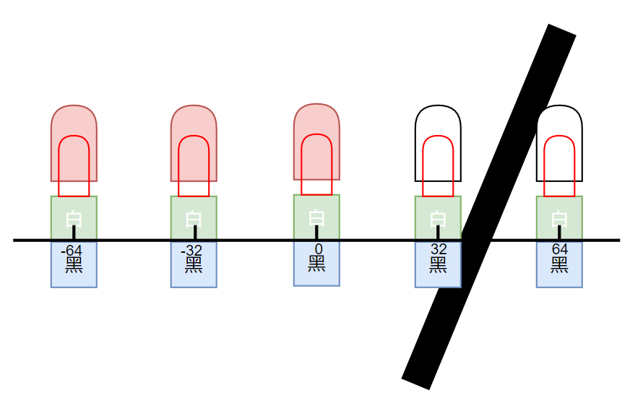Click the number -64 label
tap(74, 251)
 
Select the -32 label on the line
tap(194, 251)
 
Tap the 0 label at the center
tap(316, 250)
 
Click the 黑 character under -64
tap(74, 264)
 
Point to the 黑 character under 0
tap(316, 264)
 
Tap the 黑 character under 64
tap(559, 264)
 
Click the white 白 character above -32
tap(194, 218)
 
